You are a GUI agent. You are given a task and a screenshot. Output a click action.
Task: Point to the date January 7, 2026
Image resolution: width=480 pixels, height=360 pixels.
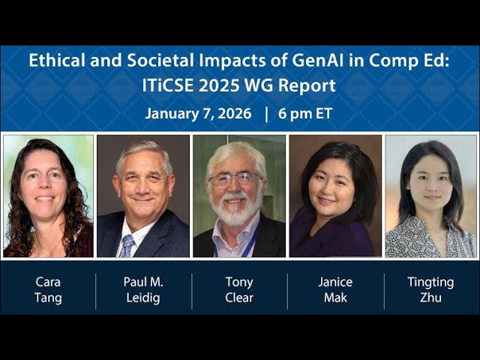pyautogui.click(x=199, y=114)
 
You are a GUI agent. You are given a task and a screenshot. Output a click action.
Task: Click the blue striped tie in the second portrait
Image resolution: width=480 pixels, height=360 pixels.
pyautogui.click(x=127, y=245)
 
